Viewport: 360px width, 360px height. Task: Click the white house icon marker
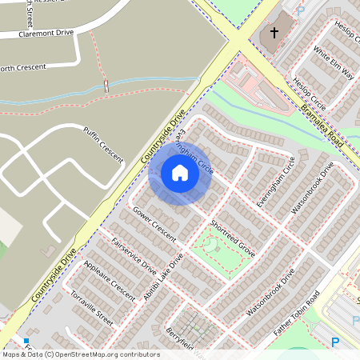(179, 173)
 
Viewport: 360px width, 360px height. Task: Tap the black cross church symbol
(274, 33)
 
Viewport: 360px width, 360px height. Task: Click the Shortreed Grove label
(231, 239)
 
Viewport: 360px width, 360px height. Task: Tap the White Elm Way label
(334, 63)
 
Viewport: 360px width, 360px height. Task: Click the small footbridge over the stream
(106, 85)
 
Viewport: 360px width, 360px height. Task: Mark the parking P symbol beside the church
(301, 11)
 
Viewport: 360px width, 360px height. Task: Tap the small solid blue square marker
(26, 342)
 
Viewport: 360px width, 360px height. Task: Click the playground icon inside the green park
(218, 246)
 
